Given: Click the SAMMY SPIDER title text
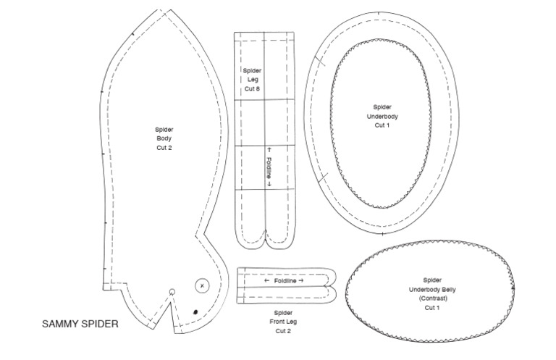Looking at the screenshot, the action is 80,324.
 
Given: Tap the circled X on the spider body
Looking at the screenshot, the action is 202,285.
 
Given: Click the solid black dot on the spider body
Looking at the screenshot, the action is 195,312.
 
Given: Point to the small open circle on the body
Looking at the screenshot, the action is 172,292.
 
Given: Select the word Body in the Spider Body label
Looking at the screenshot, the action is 164,138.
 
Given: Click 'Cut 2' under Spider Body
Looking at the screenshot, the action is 164,148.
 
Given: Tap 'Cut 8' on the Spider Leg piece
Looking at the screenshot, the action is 252,88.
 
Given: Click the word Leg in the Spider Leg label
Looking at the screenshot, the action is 253,80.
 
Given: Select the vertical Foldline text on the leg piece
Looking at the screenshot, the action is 269,168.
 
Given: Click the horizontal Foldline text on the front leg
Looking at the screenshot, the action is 285,281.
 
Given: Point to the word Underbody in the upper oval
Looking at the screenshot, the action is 382,117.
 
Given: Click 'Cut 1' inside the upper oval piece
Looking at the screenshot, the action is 382,125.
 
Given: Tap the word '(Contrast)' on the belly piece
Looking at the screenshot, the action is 433,298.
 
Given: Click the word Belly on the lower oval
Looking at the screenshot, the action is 449,290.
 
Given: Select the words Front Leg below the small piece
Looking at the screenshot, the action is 283,322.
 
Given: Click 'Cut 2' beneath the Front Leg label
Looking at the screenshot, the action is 283,331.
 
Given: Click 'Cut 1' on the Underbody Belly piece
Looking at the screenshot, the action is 432,308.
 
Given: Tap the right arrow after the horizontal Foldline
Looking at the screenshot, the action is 301,280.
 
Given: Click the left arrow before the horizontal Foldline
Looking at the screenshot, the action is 267,280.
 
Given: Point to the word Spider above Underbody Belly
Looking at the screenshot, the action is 432,280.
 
